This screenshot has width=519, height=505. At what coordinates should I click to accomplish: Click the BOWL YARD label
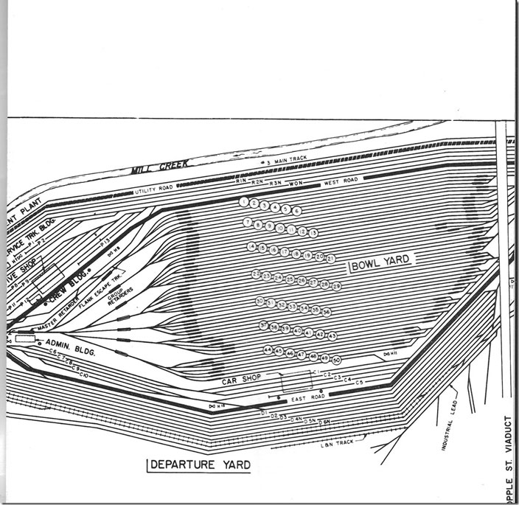[x=381, y=260]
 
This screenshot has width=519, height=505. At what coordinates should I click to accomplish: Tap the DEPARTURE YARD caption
[x=198, y=464]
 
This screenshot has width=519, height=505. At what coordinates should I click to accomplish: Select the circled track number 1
[x=244, y=201]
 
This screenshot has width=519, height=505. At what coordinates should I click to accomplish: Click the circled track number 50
[x=336, y=360]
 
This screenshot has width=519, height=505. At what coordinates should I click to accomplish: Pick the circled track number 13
[x=313, y=233]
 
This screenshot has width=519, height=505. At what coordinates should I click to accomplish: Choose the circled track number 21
[x=330, y=258]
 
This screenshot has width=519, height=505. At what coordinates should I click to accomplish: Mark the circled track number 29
[x=336, y=286]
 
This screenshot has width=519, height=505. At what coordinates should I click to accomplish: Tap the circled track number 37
[x=264, y=324]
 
